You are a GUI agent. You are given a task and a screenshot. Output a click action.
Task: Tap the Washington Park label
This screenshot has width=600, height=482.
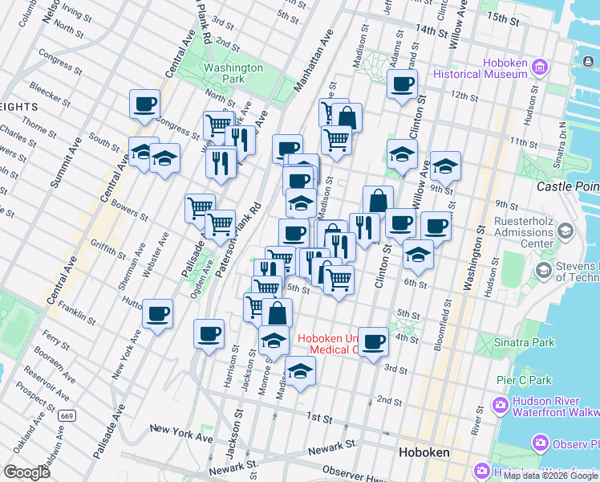(x=233, y=74)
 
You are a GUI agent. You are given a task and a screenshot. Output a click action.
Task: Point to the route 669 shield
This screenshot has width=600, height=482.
(x=67, y=415)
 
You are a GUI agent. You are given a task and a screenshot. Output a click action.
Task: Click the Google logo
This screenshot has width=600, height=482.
(x=26, y=472)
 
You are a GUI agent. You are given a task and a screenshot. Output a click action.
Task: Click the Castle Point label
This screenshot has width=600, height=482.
(x=567, y=186)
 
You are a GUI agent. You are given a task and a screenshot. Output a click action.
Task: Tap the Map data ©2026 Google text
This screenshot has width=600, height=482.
(x=550, y=476)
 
